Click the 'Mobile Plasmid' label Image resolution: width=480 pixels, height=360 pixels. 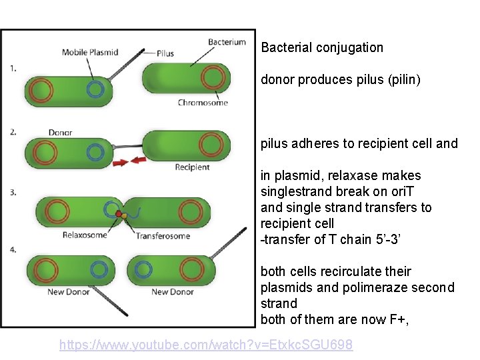click(x=90, y=52)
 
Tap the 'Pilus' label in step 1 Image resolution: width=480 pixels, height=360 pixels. click(x=166, y=53)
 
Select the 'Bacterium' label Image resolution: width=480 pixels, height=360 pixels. click(x=227, y=42)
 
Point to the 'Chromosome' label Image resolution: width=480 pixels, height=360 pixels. click(x=203, y=103)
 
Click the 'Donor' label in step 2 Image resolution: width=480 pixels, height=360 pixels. click(x=60, y=133)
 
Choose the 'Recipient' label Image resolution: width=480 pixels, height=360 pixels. click(x=192, y=167)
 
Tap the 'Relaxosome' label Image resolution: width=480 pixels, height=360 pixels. click(x=85, y=235)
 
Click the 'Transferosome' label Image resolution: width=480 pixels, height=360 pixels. click(x=163, y=235)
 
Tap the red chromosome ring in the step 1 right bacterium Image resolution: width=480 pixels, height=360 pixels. click(x=212, y=79)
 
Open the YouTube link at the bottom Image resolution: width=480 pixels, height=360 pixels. click(x=206, y=345)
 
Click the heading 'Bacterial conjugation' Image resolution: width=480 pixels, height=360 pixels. click(x=322, y=47)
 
